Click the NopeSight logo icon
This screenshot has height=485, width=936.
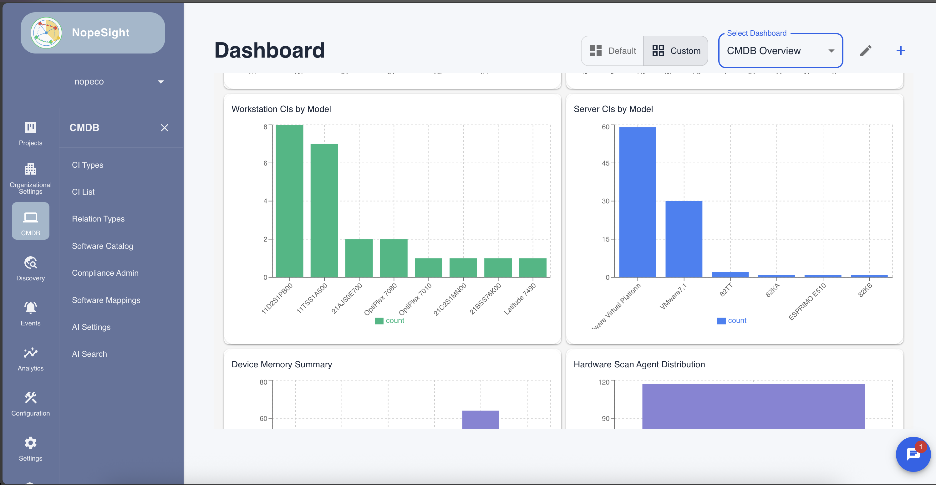(46, 33)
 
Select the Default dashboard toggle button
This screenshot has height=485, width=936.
(613, 51)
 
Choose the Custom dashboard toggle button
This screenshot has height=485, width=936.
(676, 51)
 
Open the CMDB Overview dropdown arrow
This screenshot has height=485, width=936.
(831, 51)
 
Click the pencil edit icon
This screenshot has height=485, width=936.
(866, 51)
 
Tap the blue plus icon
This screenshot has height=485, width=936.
(900, 51)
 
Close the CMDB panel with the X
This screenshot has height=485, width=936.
(164, 128)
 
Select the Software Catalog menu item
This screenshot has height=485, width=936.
(103, 246)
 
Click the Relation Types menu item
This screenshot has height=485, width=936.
(98, 219)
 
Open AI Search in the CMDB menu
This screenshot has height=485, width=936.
(89, 354)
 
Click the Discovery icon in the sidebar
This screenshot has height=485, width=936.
(31, 263)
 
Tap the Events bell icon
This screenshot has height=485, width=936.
(31, 308)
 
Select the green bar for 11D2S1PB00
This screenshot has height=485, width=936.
(289, 201)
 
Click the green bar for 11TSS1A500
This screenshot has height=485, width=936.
(324, 211)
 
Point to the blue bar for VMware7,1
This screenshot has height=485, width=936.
(684, 239)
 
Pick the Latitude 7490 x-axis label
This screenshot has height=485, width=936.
(520, 299)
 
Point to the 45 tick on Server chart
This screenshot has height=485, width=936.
(605, 163)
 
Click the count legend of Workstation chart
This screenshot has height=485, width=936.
(389, 321)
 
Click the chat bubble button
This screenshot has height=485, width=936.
(913, 454)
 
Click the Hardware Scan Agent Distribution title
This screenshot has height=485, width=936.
(639, 364)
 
